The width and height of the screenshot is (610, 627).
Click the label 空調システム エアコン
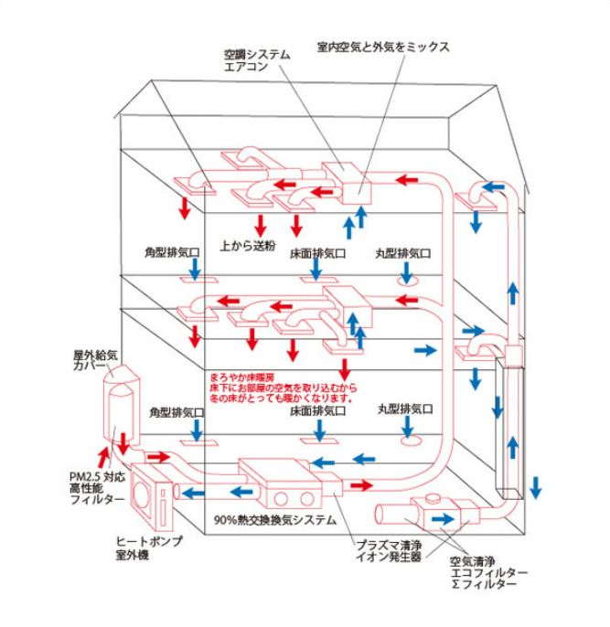257,60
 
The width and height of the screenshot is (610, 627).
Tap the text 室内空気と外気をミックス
383,48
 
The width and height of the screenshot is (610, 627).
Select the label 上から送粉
248,245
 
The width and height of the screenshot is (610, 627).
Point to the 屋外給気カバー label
95,360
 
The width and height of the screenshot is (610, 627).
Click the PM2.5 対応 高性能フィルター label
97,488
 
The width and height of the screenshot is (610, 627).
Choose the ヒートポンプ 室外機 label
149,547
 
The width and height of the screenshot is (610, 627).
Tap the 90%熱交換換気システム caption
274,520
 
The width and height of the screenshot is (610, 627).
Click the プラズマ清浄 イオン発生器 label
389,550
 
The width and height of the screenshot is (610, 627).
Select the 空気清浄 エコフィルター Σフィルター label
488,572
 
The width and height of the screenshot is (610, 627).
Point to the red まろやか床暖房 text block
284,388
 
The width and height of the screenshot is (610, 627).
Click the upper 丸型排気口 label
402,253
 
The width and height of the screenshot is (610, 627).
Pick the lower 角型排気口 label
177,412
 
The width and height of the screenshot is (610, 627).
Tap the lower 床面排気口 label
317,410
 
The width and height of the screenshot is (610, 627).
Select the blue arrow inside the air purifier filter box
443,519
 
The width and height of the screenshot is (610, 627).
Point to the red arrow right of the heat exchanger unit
361,485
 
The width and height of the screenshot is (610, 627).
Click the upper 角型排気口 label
172,252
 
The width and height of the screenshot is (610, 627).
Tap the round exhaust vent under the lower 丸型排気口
412,441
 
